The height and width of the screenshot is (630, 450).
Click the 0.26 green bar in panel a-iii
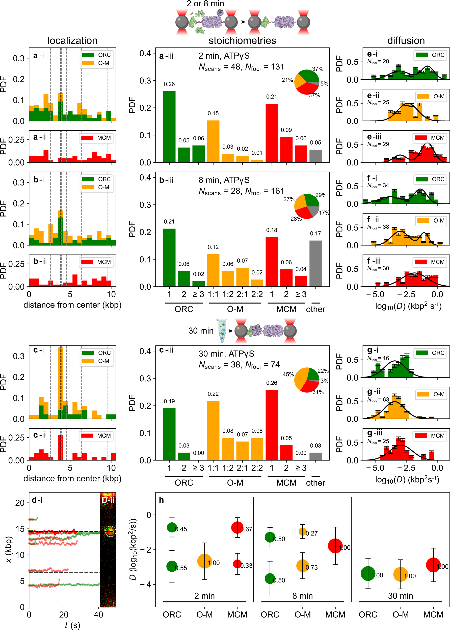[169, 127]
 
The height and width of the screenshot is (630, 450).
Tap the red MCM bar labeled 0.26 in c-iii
[272, 425]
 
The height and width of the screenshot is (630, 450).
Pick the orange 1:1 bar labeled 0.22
[213, 430]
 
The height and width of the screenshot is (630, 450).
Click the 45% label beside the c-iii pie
[288, 374]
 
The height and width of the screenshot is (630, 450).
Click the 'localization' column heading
[72, 40]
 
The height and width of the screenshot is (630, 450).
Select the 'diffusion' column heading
[406, 40]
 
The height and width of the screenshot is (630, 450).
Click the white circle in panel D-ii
[110, 531]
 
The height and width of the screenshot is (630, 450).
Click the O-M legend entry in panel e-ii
[431, 96]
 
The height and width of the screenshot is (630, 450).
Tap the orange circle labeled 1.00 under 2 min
[204, 561]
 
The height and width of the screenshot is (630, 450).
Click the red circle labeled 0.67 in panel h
[237, 527]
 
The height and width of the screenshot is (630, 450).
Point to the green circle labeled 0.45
[172, 527]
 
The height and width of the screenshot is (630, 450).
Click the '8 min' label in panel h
[302, 596]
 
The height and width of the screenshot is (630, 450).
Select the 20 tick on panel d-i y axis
[20, 503]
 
